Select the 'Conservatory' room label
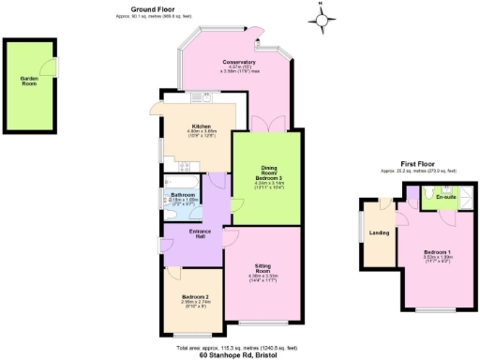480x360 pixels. click(x=239, y=63)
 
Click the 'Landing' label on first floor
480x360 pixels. click(x=380, y=232)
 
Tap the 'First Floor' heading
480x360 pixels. click(x=418, y=165)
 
